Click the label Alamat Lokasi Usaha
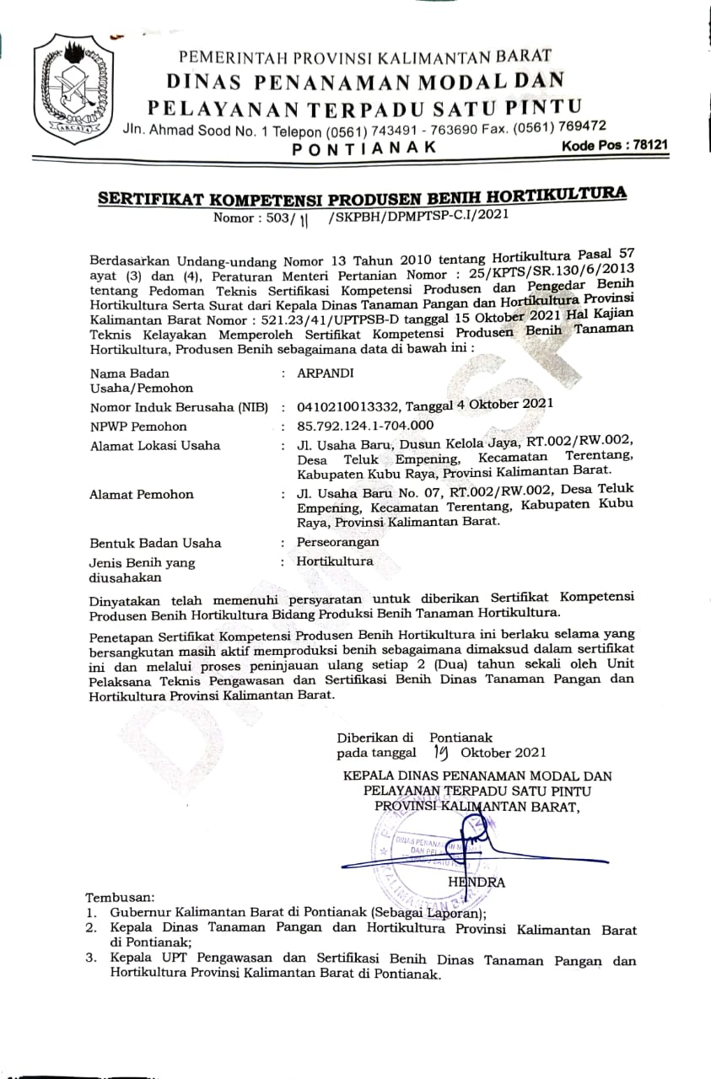click(x=154, y=445)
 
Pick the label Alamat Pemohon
click(x=141, y=495)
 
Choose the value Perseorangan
click(x=337, y=542)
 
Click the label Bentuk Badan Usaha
click(x=155, y=543)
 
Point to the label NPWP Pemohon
click(x=138, y=427)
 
